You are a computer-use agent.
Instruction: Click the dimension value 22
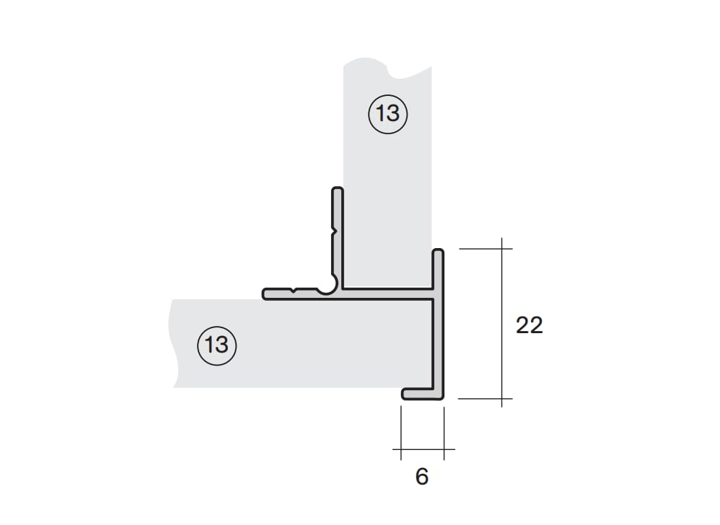click(529, 325)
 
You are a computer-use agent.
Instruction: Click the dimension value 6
click(422, 477)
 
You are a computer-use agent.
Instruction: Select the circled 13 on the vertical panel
click(387, 114)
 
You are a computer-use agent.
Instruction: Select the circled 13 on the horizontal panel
click(216, 345)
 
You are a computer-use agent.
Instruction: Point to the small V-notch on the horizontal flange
click(294, 291)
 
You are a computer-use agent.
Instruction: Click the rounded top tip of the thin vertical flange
click(338, 189)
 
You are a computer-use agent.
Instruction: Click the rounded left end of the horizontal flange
click(265, 294)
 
